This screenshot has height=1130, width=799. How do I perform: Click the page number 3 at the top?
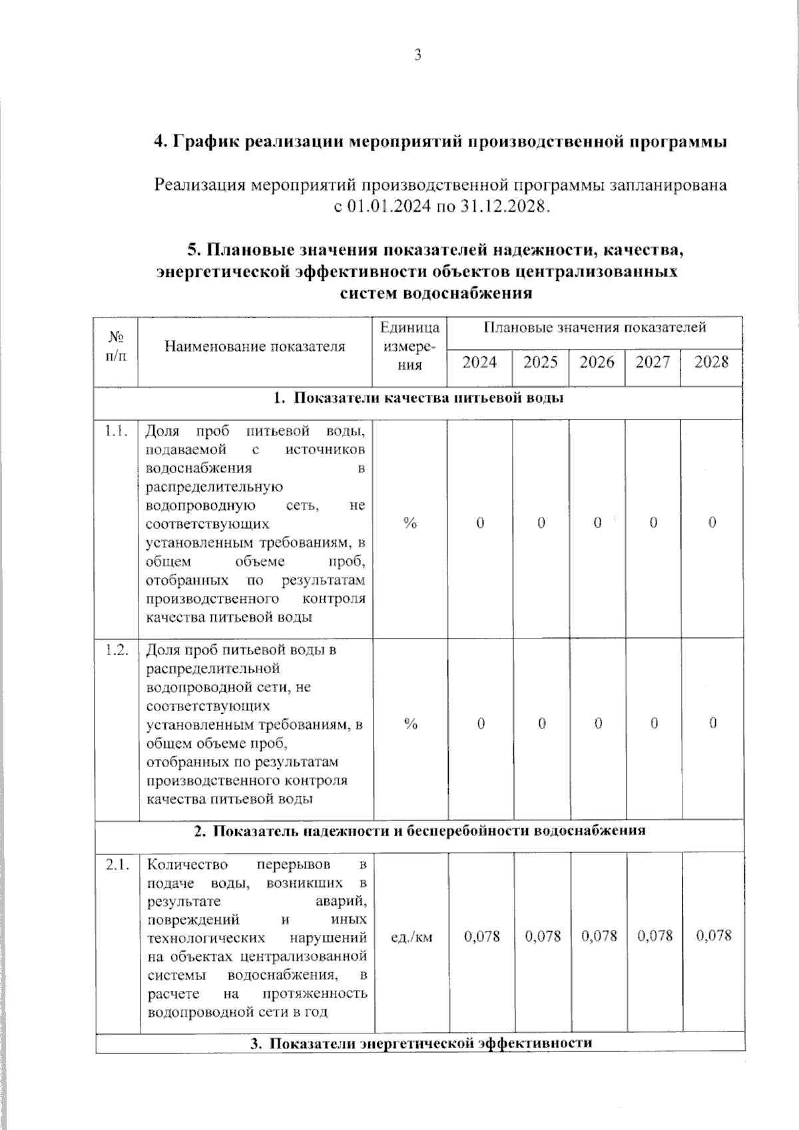[x=417, y=56]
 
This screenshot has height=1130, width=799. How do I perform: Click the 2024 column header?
[x=479, y=362]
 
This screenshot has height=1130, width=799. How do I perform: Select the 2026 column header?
[x=597, y=362]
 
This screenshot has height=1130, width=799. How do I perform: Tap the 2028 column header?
[x=711, y=362]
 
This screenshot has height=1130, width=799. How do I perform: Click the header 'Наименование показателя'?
[x=255, y=346]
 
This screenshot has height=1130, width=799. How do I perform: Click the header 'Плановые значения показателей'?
[x=595, y=328]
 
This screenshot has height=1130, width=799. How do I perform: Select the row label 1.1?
[x=116, y=431]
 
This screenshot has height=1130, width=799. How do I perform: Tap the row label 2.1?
[x=117, y=865]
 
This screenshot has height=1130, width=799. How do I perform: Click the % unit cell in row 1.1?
[x=410, y=523]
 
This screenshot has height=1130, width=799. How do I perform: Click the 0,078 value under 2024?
[x=481, y=936]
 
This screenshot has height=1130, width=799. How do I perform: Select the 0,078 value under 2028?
[x=714, y=936]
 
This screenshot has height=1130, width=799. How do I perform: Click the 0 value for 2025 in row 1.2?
[x=542, y=724]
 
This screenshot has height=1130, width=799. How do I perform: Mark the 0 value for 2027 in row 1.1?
[x=653, y=523]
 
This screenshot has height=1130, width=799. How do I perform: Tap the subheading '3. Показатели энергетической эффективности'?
[x=421, y=1043]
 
